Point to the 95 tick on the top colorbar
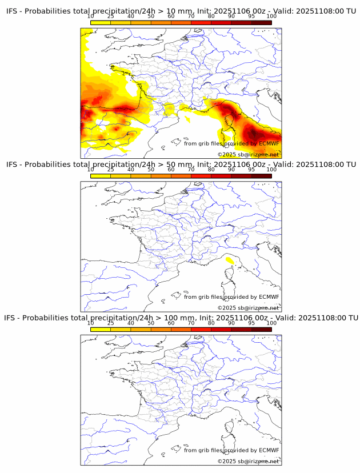pyautogui.click(x=251, y=16)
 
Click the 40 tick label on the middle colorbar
pyautogui.click(x=131, y=170)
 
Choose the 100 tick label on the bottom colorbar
pyautogui.click(x=271, y=323)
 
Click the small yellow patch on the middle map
pyautogui.click(x=230, y=260)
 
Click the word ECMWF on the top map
pyautogui.click(x=269, y=143)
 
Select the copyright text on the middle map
pyautogui.click(x=248, y=308)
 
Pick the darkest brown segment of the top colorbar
pyautogui.click(x=261, y=22)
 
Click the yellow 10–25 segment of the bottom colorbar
pyautogui.click(x=101, y=329)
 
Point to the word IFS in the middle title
pyautogui.click(x=12, y=164)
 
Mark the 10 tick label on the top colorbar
pyautogui.click(x=91, y=16)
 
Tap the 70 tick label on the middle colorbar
pyautogui.click(x=191, y=170)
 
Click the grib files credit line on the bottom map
pyautogui.click(x=231, y=450)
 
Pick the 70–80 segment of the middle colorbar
pyautogui.click(x=201, y=176)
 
